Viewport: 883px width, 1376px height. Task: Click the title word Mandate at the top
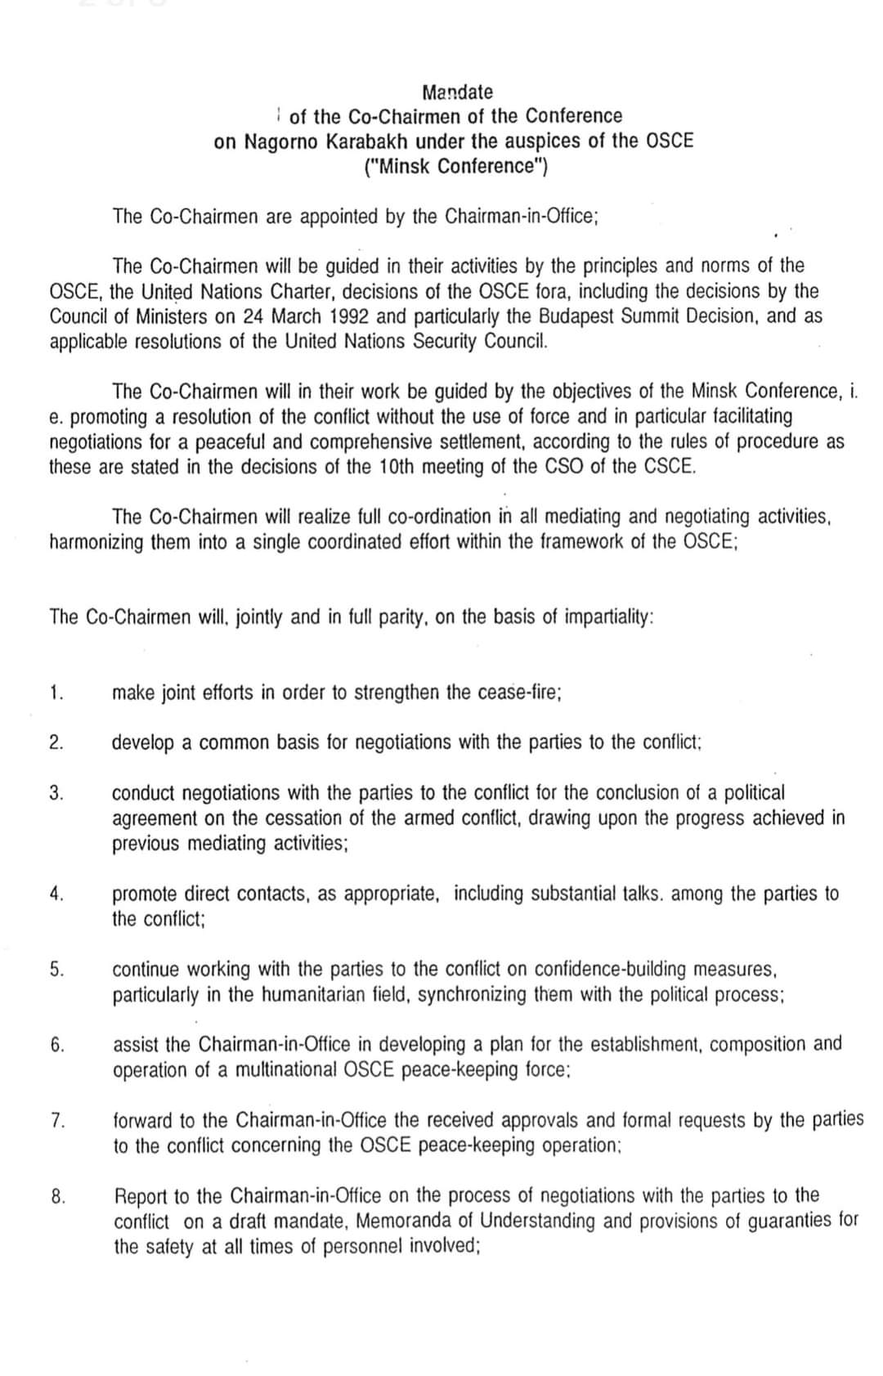458,92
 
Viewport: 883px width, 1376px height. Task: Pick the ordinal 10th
399,467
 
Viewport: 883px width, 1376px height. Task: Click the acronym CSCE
668,467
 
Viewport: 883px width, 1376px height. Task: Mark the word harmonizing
96,542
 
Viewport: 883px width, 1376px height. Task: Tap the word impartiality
608,616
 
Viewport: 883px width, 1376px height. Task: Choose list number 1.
55,692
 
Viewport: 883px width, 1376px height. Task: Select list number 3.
56,792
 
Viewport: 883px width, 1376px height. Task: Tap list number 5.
56,969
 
